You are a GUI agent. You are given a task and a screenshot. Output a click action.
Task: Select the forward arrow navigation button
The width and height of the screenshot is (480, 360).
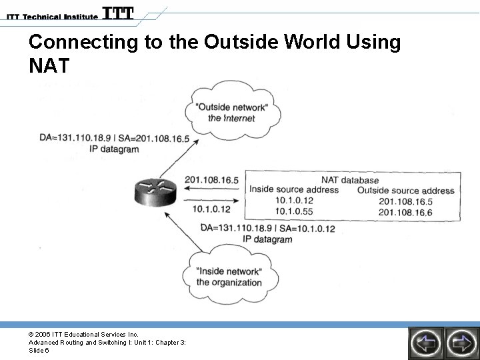coord(461,343)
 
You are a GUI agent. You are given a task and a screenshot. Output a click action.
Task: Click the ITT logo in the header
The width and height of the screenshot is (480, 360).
coord(118,13)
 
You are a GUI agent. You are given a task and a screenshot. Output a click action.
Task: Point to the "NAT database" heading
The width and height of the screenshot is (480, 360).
coord(349,180)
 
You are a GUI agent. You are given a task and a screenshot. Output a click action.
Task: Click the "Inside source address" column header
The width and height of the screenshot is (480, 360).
coord(294,190)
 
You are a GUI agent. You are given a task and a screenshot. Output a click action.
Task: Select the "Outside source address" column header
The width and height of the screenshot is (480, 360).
coord(405,191)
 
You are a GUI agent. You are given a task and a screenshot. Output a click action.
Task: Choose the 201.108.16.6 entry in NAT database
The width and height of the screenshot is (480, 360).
coord(405,212)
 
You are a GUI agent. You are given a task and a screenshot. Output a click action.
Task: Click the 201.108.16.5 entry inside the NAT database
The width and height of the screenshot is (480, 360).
coord(405,201)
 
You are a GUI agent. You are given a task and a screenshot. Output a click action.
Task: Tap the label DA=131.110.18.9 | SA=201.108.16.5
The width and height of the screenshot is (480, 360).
coord(115,139)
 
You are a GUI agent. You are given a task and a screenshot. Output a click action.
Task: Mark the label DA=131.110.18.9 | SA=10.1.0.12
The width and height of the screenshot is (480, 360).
coord(267,229)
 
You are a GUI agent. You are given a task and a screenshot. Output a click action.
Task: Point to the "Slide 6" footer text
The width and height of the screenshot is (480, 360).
coord(38,350)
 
